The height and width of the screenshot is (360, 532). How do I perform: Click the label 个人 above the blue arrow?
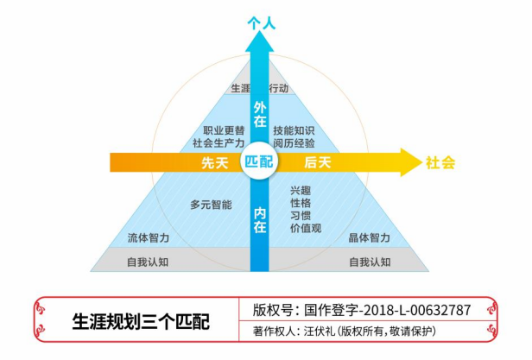click(261, 25)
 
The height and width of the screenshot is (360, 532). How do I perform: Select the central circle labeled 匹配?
click(259, 162)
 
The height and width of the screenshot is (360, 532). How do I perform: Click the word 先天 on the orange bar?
click(214, 163)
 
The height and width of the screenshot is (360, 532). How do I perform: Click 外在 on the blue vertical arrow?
click(259, 115)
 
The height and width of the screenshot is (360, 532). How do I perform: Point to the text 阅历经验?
click(294, 143)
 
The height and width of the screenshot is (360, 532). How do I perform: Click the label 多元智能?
click(211, 205)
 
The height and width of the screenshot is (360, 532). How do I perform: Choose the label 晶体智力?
click(370, 237)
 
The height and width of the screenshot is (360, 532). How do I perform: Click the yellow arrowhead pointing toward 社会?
click(409, 162)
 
